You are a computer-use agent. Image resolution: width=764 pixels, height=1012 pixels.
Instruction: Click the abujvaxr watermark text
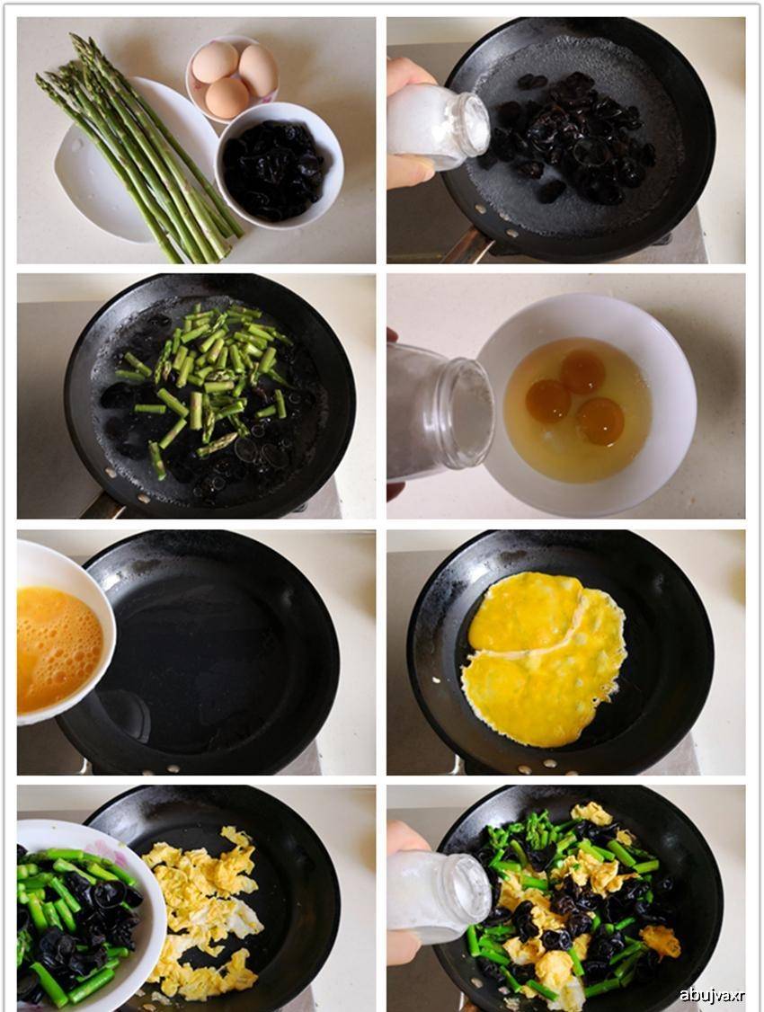coord(712,995)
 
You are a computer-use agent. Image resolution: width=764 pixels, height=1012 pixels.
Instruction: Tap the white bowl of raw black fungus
coord(279,166)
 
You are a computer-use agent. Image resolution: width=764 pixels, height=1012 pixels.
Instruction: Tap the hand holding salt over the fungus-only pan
coord(406,122)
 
